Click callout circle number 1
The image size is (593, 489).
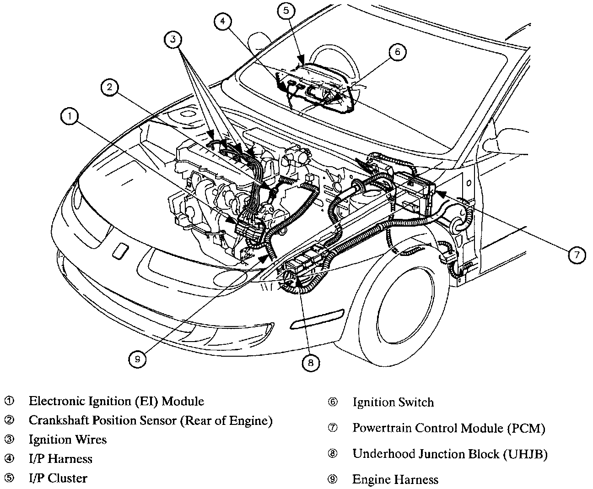tap(70, 117)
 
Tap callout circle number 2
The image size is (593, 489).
tap(110, 88)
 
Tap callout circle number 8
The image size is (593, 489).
tap(311, 363)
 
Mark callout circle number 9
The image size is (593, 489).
tap(137, 360)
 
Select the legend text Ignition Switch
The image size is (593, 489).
tap(393, 402)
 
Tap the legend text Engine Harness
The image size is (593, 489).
tap(395, 480)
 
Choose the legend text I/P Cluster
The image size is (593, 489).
tap(58, 478)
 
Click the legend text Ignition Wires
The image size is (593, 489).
tap(67, 440)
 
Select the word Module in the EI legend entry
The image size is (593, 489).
tap(183, 402)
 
